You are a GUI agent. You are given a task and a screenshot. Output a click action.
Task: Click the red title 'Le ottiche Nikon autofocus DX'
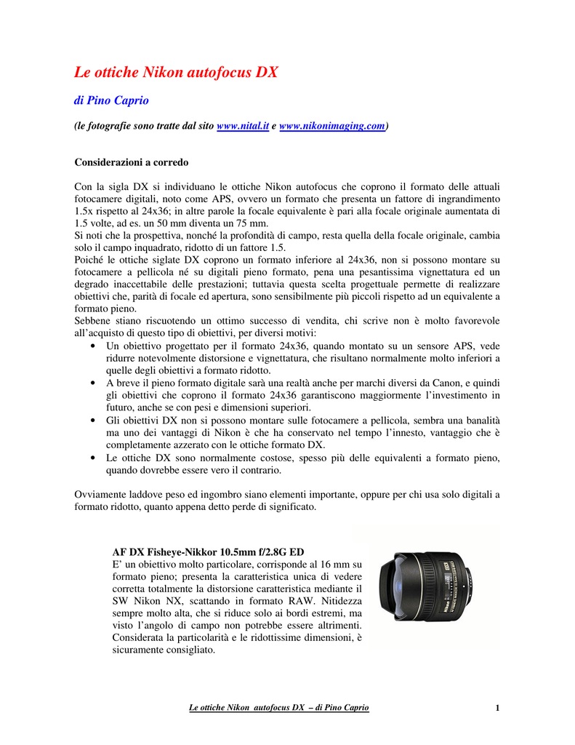tap(177, 72)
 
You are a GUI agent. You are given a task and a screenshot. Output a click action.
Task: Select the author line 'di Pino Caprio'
tap(111, 100)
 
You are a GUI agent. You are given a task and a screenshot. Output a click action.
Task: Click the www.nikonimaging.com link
tap(332, 126)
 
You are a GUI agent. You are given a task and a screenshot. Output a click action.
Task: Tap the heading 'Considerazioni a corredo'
tap(132, 162)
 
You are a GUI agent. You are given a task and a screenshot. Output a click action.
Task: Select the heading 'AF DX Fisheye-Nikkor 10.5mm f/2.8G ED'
tap(208, 551)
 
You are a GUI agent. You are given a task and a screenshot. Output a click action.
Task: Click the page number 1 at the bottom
tap(497, 708)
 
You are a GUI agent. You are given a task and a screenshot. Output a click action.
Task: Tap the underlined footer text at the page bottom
tap(278, 708)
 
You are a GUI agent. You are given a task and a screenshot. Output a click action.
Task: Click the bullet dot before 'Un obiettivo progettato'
tap(92, 347)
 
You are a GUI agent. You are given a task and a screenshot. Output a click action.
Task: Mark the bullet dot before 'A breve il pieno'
tap(92, 383)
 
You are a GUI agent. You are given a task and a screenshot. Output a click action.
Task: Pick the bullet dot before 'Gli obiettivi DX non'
tap(92, 421)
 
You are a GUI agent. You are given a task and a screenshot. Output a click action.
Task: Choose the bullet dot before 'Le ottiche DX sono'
tap(92, 458)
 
